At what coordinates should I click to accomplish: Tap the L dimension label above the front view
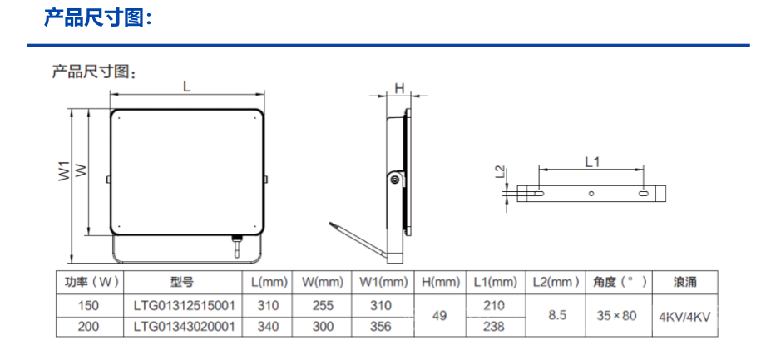[187, 86]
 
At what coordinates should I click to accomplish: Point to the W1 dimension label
[65, 171]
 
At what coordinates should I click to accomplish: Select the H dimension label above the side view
[399, 88]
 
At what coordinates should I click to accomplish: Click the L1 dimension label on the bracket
[592, 162]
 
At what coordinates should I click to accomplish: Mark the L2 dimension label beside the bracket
[502, 173]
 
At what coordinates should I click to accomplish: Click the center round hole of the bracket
[591, 194]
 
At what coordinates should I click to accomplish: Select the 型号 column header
[181, 282]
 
